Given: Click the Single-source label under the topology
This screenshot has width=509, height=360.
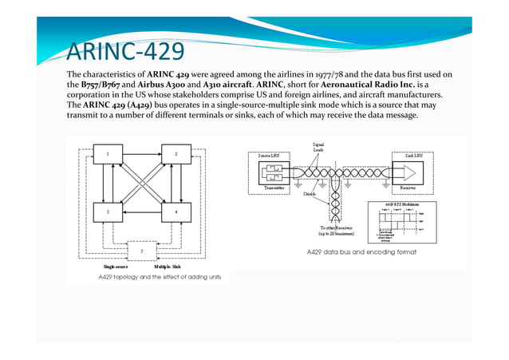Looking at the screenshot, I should [x=107, y=267].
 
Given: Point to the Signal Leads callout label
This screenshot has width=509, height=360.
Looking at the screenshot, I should [x=317, y=147].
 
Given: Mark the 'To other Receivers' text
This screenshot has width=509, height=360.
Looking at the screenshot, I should [x=329, y=227].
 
